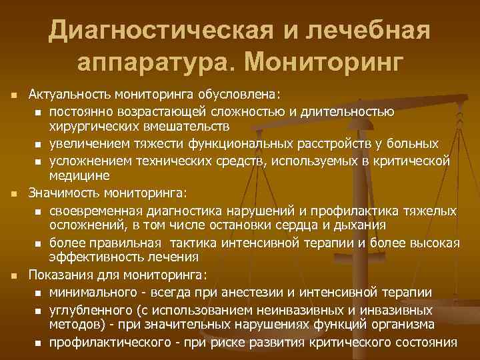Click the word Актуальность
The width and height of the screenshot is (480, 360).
[69, 94]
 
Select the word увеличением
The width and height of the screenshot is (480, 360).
[87, 143]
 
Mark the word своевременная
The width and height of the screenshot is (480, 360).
[94, 211]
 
